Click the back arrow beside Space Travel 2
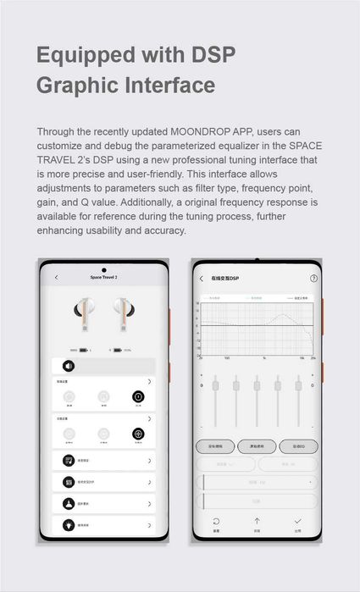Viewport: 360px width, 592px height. pos(57,277)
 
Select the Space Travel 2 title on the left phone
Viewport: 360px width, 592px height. pos(103,277)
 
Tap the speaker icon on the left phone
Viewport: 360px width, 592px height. pos(68,366)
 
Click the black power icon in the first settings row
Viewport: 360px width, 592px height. pos(138,396)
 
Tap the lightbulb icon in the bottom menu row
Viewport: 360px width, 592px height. pos(68,524)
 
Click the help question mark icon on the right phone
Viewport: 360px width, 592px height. pos(313,278)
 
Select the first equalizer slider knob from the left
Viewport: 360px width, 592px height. pos(215,386)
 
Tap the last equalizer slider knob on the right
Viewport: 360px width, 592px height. pos(297,386)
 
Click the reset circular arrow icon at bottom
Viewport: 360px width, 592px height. pos(216,522)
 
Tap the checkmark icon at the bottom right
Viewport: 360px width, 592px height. pos(297,522)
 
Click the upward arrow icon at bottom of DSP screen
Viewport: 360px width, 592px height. pos(257,522)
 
